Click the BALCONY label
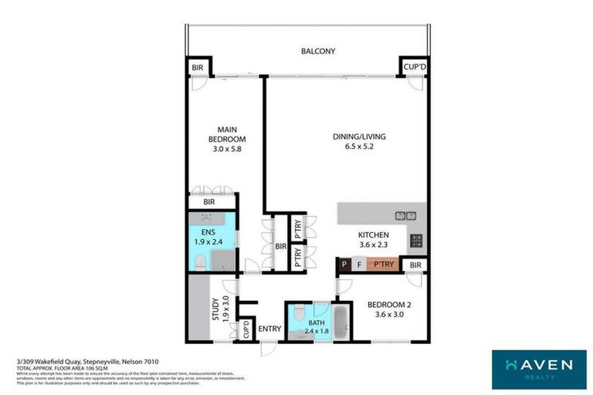tap(318, 52)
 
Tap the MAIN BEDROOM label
tap(225, 134)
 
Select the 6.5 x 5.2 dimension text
tap(359, 147)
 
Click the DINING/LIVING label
tap(359, 137)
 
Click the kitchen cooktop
tap(416, 239)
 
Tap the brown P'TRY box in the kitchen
tap(384, 265)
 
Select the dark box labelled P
tap(344, 265)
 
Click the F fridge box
tap(359, 265)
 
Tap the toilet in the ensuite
tap(199, 263)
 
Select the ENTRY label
tap(269, 329)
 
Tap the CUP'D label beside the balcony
tap(415, 68)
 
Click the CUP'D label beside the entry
tap(246, 330)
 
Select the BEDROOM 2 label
tap(388, 305)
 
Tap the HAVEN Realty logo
tap(539, 367)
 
